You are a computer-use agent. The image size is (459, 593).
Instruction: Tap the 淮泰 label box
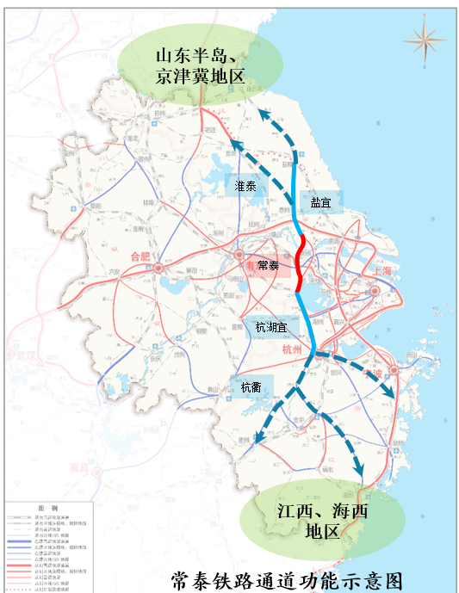click(x=245, y=185)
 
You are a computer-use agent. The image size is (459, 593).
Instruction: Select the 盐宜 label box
click(x=321, y=202)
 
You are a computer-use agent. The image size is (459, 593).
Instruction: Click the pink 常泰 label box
click(x=268, y=267)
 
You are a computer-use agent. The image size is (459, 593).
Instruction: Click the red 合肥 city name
click(x=138, y=256)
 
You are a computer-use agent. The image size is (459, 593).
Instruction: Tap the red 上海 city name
click(x=382, y=271)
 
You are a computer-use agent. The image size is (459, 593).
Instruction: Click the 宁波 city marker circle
click(x=394, y=370)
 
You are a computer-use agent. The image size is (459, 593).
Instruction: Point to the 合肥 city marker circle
click(x=158, y=269)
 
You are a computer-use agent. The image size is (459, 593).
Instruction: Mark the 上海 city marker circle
click(x=375, y=292)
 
